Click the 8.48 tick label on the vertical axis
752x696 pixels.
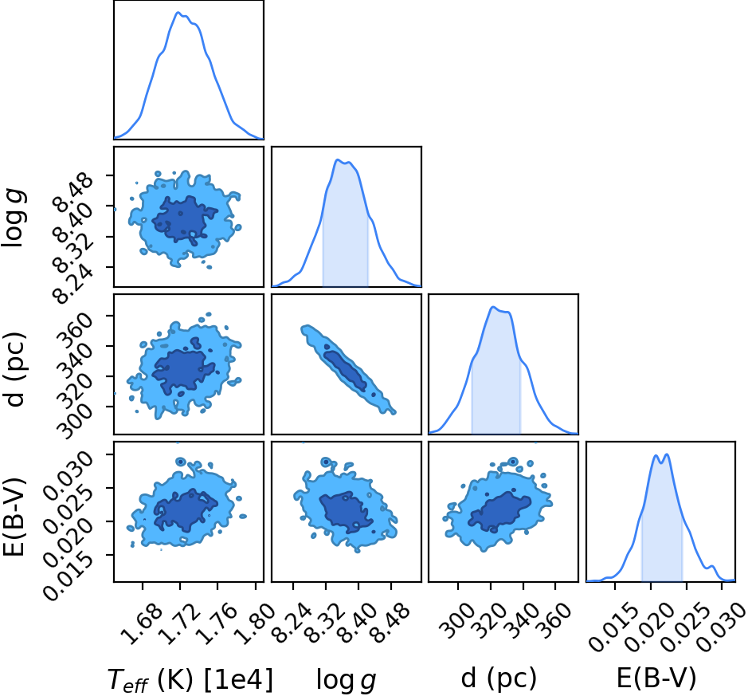[73, 194]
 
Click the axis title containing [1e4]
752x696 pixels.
[190, 680]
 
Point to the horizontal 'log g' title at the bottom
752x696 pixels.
[346, 680]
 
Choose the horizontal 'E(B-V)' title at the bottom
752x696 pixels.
[656, 678]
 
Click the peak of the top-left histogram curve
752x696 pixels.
[178, 12]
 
